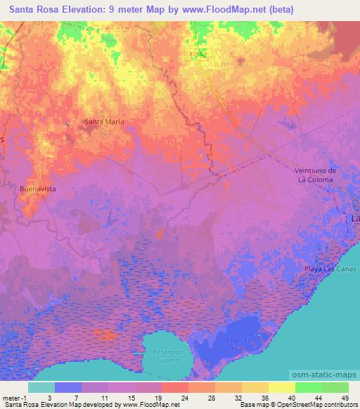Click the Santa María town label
coord(105,121)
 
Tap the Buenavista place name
coord(38,189)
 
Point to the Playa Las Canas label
coord(330,269)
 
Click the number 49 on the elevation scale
coord(344,396)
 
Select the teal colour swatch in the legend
coord(41,387)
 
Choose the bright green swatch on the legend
coord(309,387)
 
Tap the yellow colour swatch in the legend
coord(282,387)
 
